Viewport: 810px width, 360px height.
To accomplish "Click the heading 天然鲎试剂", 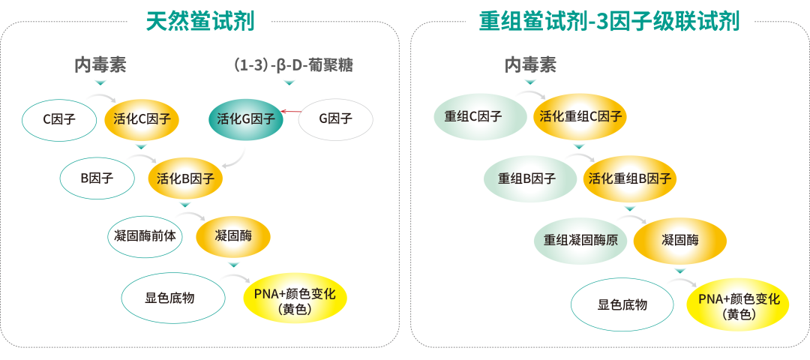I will point(200,20).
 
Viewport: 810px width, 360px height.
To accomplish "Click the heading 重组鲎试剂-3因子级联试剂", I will point(609,20).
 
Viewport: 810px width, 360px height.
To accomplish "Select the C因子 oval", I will point(59,118).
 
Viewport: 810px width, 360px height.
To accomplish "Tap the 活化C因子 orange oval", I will point(142,118).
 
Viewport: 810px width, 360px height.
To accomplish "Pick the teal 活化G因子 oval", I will point(245,118).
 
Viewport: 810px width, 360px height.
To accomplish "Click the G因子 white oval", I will point(335,118).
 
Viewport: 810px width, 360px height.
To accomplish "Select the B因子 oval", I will point(97,178).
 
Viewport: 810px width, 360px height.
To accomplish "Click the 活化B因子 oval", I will point(185,178).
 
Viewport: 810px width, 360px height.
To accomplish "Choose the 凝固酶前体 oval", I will point(145,236).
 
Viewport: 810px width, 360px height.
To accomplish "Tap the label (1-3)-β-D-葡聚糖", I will point(293,65).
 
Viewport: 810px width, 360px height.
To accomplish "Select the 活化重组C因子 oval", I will point(580,116).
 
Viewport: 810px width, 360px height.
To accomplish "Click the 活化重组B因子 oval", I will point(630,178).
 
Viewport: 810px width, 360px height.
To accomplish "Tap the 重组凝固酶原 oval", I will point(580,240).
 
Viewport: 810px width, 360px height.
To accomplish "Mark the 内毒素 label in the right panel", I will point(530,65).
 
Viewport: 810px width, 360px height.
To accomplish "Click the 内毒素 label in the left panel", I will point(100,65).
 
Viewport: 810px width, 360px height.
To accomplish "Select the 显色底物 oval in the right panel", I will point(622,304).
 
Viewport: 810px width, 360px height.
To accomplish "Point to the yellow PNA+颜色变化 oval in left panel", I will point(295,298).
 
